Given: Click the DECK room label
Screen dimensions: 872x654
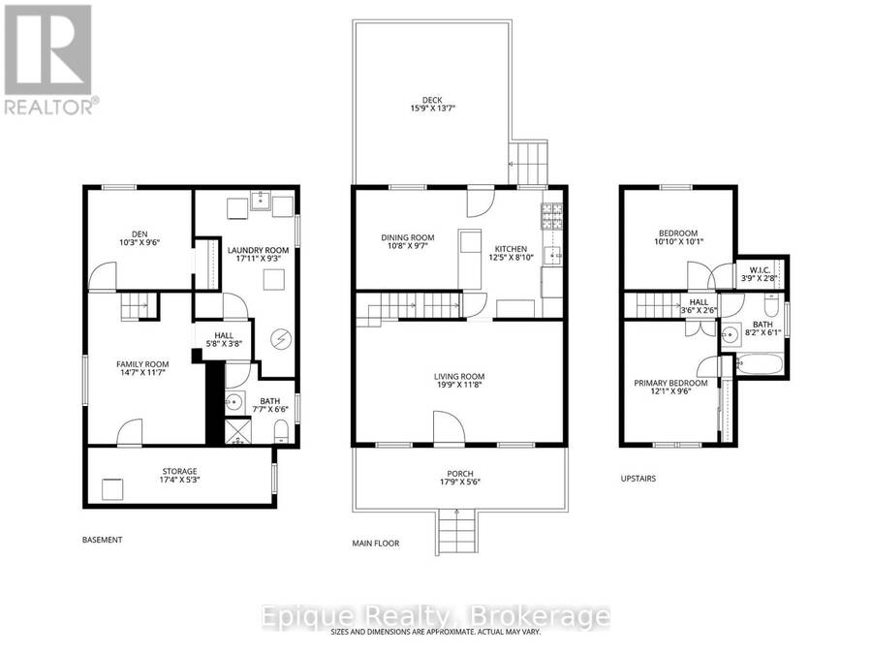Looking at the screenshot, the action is pos(432,100).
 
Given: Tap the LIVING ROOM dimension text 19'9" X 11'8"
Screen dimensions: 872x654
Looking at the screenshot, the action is pos(459,385).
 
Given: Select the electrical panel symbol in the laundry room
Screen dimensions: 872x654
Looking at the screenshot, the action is pos(280,339).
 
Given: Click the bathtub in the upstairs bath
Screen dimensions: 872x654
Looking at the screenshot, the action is pos(760,364).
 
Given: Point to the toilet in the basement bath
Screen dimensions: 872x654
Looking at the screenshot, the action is pos(281,431).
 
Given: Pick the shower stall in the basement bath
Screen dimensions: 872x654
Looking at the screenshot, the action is pos(238,431).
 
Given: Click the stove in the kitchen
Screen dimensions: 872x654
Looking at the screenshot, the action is pos(551,216).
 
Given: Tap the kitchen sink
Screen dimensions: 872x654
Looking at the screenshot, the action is pos(552,255).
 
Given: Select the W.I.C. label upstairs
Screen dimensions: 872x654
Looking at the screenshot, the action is pos(759,270).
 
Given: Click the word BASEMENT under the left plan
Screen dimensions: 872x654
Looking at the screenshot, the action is pos(103,540).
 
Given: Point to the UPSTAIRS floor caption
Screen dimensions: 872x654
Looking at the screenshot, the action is pos(638,479).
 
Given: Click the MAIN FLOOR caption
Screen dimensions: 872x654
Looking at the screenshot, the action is pos(375,544).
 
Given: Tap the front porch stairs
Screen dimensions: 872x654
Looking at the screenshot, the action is pos(457,532).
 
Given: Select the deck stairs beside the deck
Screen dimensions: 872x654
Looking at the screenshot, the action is pos(528,163).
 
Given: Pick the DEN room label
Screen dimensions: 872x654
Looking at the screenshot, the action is pos(140,234).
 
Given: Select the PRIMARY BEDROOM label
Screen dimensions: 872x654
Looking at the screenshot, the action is pos(670,383).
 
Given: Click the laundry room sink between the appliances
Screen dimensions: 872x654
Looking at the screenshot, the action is pos(261,201).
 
